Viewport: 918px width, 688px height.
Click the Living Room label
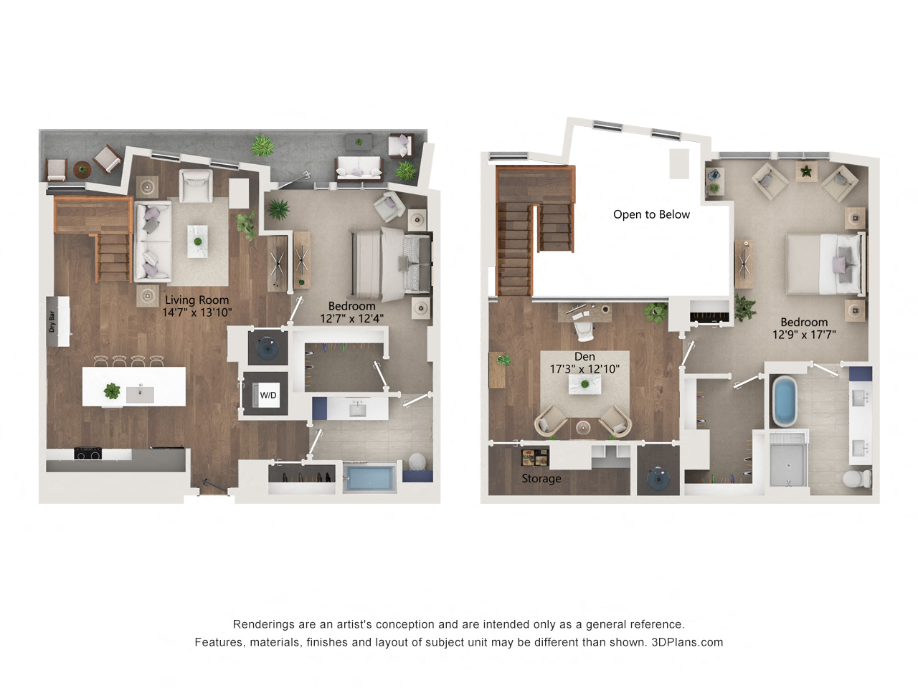[x=197, y=300]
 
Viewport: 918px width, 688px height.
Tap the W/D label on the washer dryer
[x=268, y=395]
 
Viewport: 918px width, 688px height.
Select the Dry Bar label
[x=52, y=322]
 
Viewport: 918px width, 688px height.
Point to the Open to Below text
[x=651, y=214]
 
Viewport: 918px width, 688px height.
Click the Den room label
[x=585, y=356]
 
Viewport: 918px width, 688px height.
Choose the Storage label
[x=541, y=479]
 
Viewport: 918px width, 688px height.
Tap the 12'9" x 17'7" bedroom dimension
[x=804, y=335]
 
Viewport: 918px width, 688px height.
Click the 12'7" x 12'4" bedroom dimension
[x=351, y=319]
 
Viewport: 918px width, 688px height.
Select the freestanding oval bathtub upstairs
[x=785, y=401]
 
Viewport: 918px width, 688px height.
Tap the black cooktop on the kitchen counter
[x=87, y=453]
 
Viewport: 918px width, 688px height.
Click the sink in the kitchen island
[x=140, y=394]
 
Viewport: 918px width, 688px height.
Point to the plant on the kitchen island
[x=112, y=391]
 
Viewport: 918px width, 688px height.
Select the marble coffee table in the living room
[x=197, y=242]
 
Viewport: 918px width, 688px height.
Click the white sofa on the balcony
[x=359, y=168]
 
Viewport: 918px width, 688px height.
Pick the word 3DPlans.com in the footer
[x=687, y=642]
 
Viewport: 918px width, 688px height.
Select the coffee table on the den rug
[x=585, y=384]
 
